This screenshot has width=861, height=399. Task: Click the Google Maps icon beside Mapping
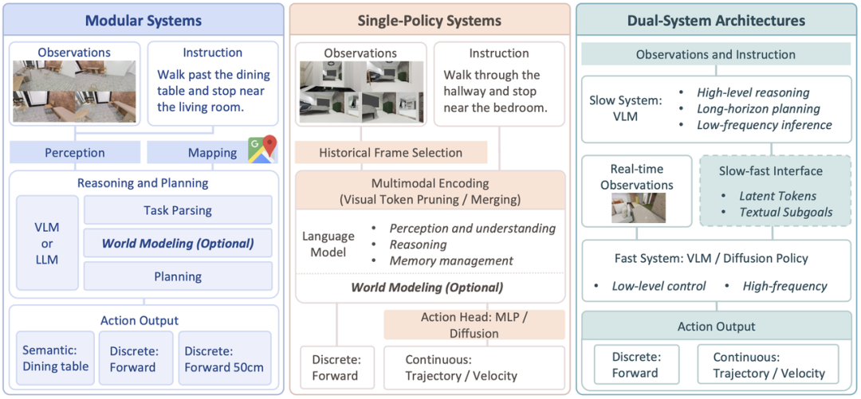(262, 149)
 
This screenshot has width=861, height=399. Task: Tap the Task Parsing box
(177, 209)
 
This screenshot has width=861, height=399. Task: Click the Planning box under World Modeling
(177, 276)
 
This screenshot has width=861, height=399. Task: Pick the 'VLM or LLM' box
(47, 243)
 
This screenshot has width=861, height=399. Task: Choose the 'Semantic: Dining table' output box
(55, 358)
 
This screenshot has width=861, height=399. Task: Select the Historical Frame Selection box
(391, 153)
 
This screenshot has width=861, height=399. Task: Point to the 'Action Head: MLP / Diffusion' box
(474, 325)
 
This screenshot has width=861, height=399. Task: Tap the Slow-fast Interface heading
(771, 170)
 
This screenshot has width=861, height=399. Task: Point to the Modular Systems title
(143, 21)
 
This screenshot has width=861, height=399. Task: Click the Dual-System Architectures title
(716, 21)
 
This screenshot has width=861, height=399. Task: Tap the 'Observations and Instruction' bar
(716, 54)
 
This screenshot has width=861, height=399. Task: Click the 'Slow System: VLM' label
(626, 108)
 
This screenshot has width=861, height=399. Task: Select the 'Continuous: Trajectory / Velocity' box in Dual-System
(769, 365)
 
